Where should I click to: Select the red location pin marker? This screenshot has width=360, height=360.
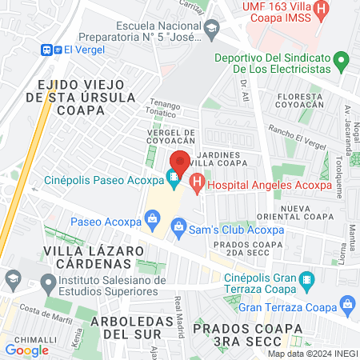[x=180, y=162]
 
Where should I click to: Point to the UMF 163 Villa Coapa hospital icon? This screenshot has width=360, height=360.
[x=322, y=11]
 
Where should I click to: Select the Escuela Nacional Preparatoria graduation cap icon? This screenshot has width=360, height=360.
[x=212, y=31]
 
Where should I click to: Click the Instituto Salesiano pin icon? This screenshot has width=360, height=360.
[x=48, y=281]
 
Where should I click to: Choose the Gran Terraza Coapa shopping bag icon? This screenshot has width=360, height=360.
[x=346, y=305]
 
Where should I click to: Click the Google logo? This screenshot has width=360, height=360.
[x=27, y=350]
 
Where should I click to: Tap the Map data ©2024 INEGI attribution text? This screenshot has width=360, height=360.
[x=312, y=354]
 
